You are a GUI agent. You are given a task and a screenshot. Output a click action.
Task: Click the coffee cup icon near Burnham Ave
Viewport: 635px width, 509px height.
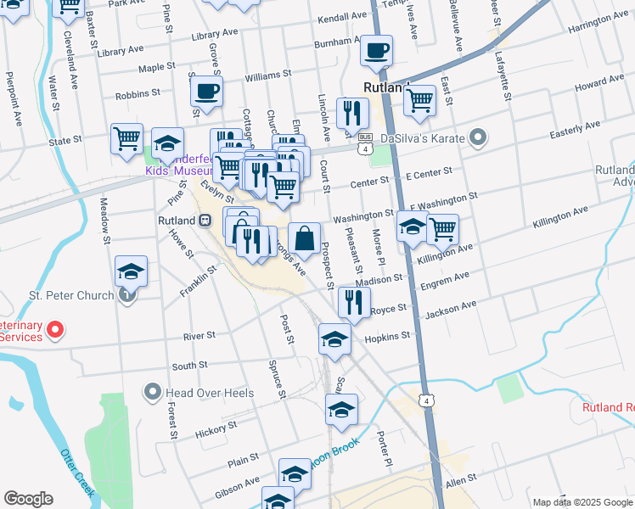point(375,50)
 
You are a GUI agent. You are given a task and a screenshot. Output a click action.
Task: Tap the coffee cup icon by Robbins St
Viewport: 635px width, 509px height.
point(205,91)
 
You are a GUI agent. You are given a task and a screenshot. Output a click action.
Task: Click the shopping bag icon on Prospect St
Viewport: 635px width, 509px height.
point(304,238)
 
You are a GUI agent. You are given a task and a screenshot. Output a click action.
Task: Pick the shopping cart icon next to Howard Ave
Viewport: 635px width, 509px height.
point(419,99)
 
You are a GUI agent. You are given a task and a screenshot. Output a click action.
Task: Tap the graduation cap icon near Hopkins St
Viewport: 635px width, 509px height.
point(334,339)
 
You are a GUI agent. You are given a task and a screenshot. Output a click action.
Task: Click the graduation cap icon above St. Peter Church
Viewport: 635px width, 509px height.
point(131,271)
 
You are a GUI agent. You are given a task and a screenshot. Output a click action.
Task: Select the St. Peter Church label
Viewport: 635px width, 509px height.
point(71,295)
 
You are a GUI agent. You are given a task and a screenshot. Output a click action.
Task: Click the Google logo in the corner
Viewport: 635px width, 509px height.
point(28,498)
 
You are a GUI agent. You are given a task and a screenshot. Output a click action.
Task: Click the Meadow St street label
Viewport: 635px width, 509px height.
point(104,221)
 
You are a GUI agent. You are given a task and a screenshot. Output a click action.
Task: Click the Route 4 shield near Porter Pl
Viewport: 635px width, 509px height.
point(425,400)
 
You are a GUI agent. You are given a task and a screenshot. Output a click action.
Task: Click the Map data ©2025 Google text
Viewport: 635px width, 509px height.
point(582,501)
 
